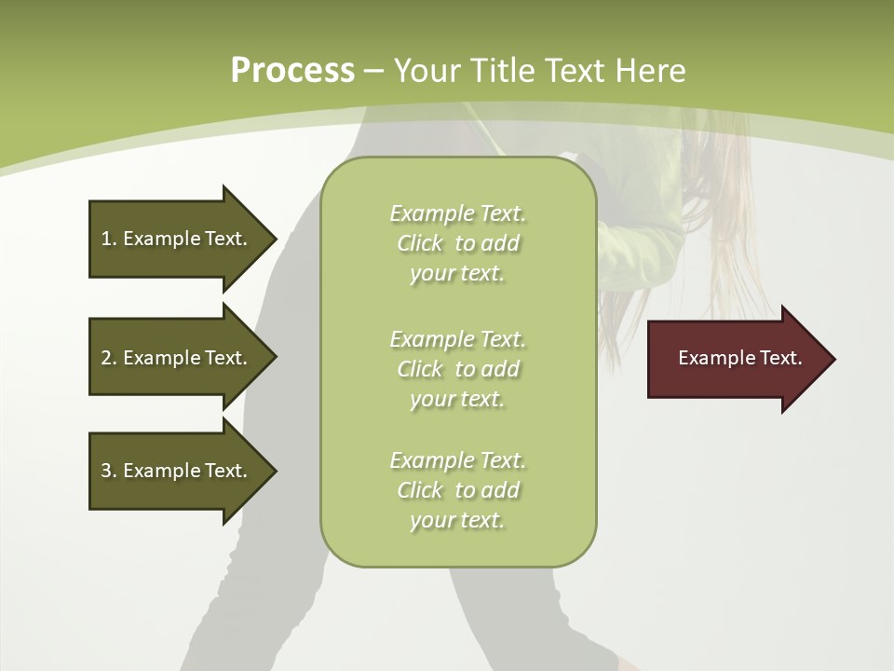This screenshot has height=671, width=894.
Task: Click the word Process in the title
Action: tap(292, 71)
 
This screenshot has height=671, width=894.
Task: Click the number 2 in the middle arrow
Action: tap(106, 358)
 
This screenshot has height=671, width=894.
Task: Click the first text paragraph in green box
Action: tap(457, 243)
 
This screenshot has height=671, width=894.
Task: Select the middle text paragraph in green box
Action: tap(457, 369)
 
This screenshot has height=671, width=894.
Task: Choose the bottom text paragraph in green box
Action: tap(457, 490)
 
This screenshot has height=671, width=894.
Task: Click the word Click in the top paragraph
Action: tap(420, 243)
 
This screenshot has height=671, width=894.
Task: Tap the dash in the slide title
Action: tap(373, 72)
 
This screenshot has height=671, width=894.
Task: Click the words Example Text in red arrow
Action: tap(739, 358)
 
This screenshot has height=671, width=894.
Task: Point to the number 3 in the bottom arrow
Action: tap(106, 471)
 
